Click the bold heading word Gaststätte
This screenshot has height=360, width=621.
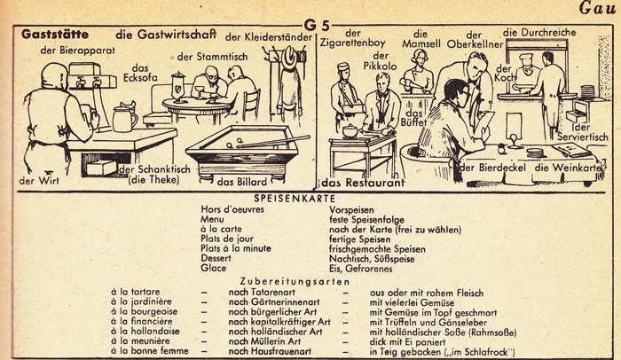[x=55, y=34]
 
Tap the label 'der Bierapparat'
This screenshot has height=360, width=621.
[x=78, y=51]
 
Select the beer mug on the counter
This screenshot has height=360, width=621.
[x=124, y=118]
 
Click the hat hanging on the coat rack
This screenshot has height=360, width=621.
[x=290, y=57]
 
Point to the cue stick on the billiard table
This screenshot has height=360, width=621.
[x=273, y=141]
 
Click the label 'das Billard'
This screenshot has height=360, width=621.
[x=242, y=182]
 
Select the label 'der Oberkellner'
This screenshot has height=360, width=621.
[x=475, y=40]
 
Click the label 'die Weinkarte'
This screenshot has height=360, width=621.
[x=568, y=168]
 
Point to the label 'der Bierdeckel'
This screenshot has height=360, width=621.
[x=493, y=168]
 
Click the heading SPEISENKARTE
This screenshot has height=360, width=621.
[x=295, y=199]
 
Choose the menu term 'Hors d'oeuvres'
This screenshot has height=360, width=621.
[x=232, y=209]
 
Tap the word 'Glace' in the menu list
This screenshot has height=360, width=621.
[x=214, y=268]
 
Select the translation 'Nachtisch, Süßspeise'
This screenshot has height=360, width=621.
[x=372, y=259]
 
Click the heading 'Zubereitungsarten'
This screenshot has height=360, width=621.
[x=295, y=282]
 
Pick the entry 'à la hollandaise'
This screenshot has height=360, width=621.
[x=145, y=331]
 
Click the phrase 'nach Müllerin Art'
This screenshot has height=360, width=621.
[x=264, y=341]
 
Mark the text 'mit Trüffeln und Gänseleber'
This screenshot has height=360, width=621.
[x=428, y=322]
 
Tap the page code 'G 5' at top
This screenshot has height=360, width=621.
[x=317, y=26]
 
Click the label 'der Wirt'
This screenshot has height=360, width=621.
[x=39, y=181]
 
